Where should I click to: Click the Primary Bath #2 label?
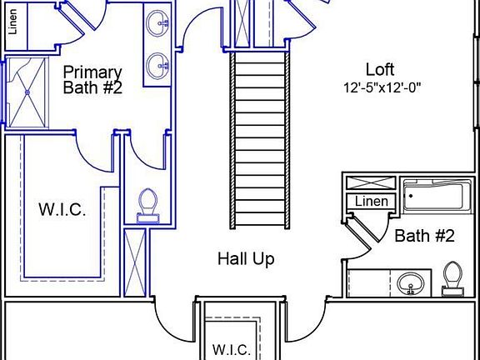[x=92, y=80]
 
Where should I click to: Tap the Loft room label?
[x=380, y=69]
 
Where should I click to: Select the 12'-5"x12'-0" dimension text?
[x=382, y=88]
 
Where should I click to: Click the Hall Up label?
[x=246, y=259]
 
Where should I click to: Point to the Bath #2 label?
[x=425, y=236]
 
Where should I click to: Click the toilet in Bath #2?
[x=452, y=279]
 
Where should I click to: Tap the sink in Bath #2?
[x=411, y=284]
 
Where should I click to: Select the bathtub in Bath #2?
[x=437, y=196]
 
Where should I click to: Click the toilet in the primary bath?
[x=147, y=206]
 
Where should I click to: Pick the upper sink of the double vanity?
[x=157, y=24]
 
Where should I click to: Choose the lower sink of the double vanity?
[x=157, y=66]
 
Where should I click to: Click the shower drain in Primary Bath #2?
[x=27, y=92]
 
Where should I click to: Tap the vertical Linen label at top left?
[x=12, y=22]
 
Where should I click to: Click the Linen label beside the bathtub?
[x=372, y=202]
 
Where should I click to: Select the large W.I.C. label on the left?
[x=62, y=210]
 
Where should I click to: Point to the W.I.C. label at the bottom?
[x=232, y=350]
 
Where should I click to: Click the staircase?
[x=260, y=140]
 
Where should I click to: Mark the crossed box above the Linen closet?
[x=371, y=182]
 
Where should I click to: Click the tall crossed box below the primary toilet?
[x=135, y=263]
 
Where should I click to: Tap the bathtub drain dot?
[x=411, y=196]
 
